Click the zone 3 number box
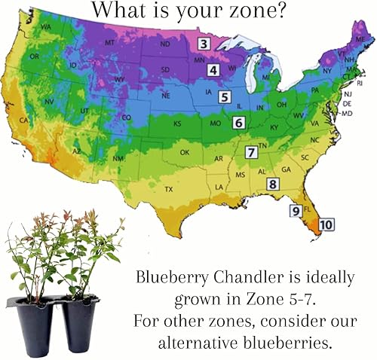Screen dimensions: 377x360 (204, 44)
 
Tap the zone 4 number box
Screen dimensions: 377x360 (214, 70)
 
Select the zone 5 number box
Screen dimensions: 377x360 (225, 96)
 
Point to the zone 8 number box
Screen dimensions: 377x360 (273, 184)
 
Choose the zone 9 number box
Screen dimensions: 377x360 (296, 211)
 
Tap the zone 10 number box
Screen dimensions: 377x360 (326, 224)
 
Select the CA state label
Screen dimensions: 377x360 (23, 121)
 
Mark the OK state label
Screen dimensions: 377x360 (185, 153)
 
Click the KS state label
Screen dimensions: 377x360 (177, 124)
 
